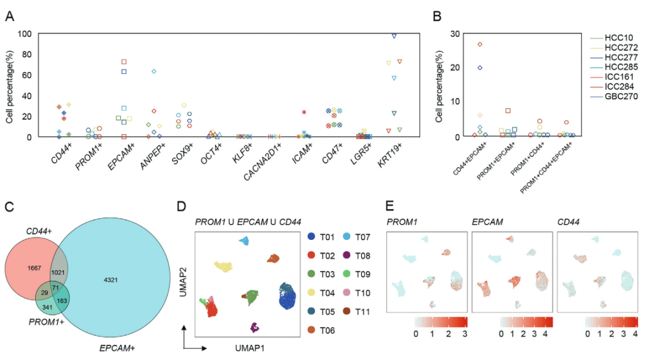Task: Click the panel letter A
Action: point(10,15)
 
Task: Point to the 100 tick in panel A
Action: point(24,34)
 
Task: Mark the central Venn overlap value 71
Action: point(55,288)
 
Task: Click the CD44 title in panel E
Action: point(570,223)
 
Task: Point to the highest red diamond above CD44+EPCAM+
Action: point(480,44)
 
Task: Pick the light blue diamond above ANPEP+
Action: point(154,72)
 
